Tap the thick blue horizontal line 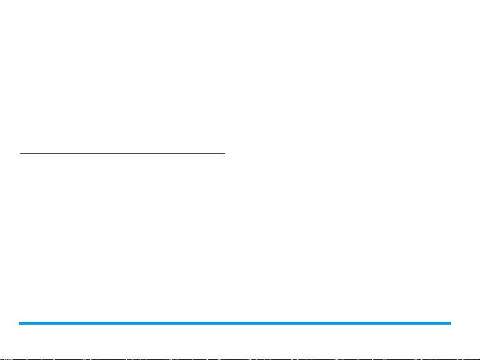(235, 323)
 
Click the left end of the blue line (20, 323)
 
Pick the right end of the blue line (450, 323)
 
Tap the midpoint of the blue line (235, 323)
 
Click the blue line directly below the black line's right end (224, 323)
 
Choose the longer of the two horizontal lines (235, 323)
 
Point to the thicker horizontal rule (235, 323)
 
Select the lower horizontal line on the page (235, 323)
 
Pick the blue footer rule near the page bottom (235, 323)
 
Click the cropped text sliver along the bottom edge (240, 359)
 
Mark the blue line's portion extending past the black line (338, 323)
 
